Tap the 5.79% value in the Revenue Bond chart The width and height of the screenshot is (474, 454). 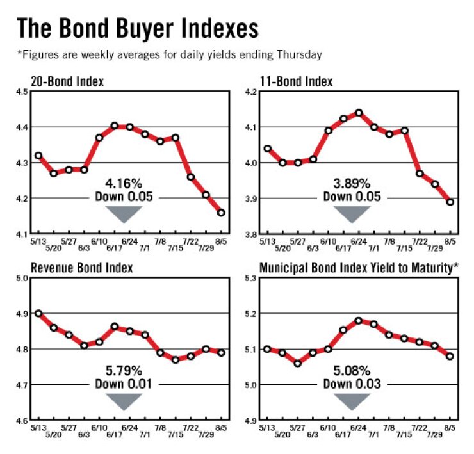[124, 370]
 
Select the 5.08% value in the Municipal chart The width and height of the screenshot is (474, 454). [351, 370]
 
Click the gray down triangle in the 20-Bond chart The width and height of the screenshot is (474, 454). [124, 213]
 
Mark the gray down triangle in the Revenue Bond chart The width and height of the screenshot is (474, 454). [124, 400]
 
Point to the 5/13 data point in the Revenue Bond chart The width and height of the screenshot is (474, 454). [38, 314]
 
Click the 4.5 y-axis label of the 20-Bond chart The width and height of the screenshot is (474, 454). [21, 92]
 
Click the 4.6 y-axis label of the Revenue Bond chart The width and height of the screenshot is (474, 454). [21, 421]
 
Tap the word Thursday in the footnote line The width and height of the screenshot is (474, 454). [299, 55]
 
